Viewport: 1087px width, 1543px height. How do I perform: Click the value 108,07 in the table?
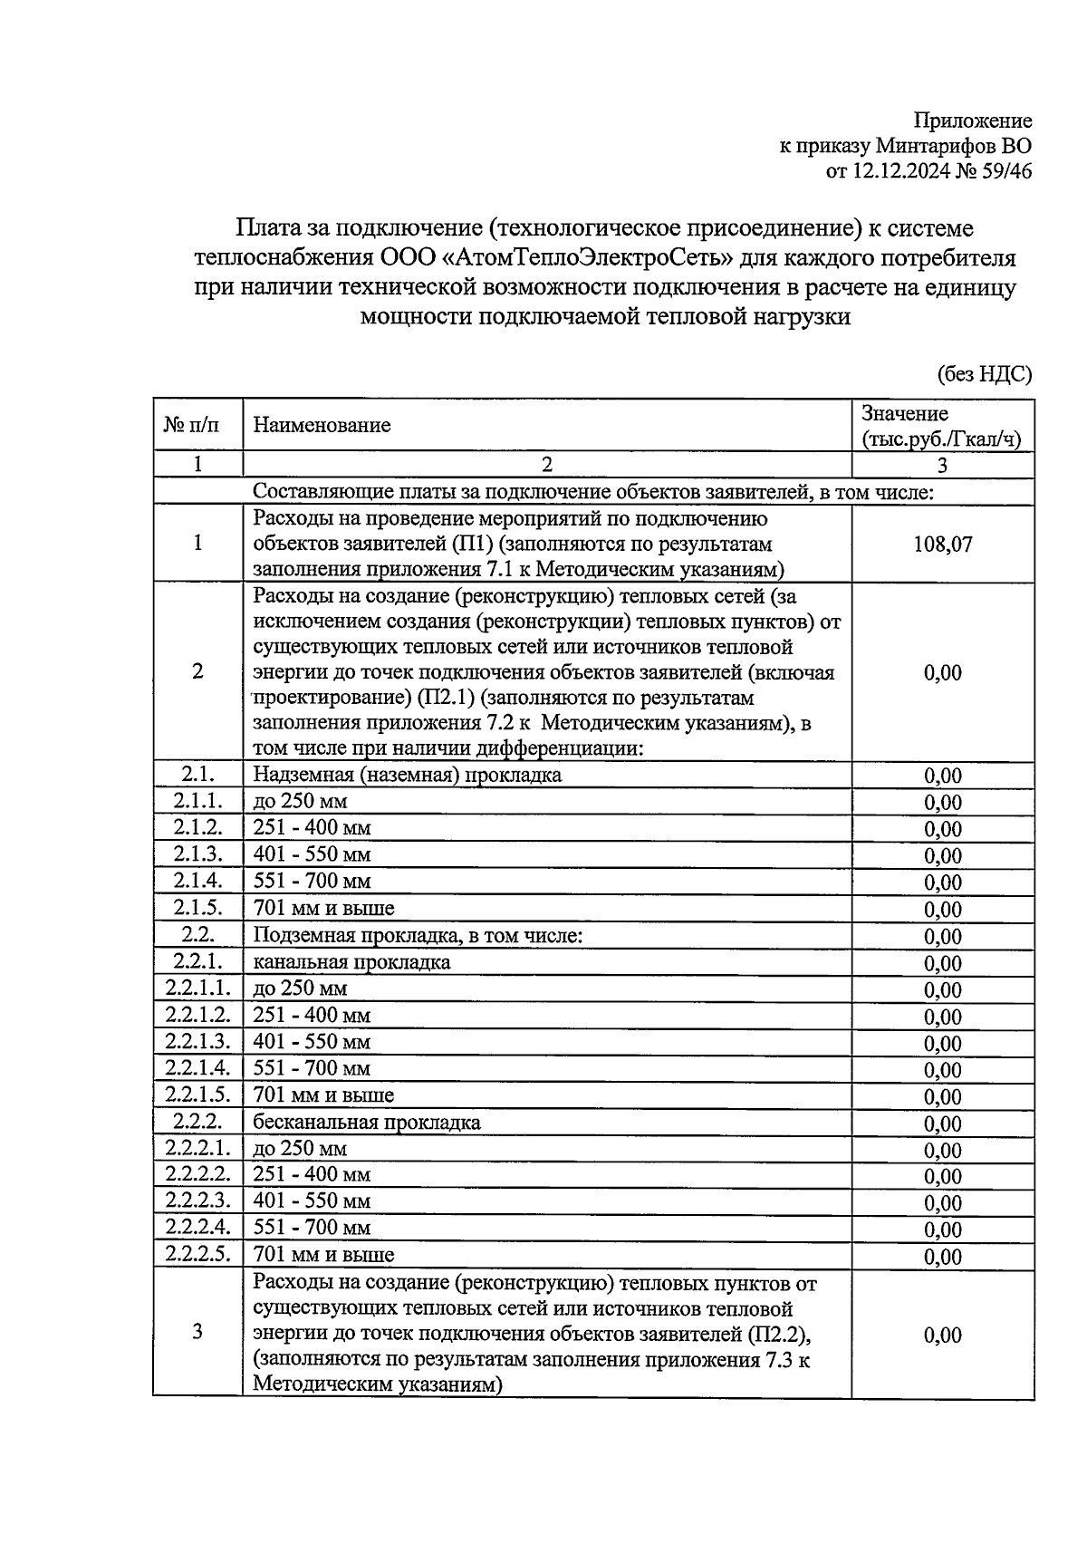(x=942, y=545)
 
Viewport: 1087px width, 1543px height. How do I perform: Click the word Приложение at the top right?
(x=972, y=121)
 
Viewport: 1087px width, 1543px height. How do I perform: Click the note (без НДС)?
(x=983, y=375)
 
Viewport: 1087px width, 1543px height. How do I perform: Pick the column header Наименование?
(x=322, y=425)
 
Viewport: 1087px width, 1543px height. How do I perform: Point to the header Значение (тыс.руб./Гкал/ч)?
(x=941, y=427)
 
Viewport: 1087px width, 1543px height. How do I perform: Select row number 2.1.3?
(x=197, y=853)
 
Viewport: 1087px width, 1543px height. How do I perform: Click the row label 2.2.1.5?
(x=197, y=1095)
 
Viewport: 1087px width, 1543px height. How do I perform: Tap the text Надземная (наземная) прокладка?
(x=407, y=775)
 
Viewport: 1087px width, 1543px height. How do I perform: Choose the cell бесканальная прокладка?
(x=366, y=1123)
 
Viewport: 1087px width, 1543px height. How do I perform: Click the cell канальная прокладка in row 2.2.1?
(x=351, y=962)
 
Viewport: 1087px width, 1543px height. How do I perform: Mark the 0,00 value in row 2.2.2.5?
(x=942, y=1257)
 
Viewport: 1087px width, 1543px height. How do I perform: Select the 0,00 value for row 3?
(x=942, y=1336)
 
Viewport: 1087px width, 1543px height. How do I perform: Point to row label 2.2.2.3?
(x=197, y=1201)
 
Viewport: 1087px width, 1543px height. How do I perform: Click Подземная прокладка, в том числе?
(x=418, y=935)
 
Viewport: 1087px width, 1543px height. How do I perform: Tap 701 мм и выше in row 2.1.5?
(x=323, y=908)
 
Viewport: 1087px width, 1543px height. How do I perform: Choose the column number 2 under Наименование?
(x=546, y=465)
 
